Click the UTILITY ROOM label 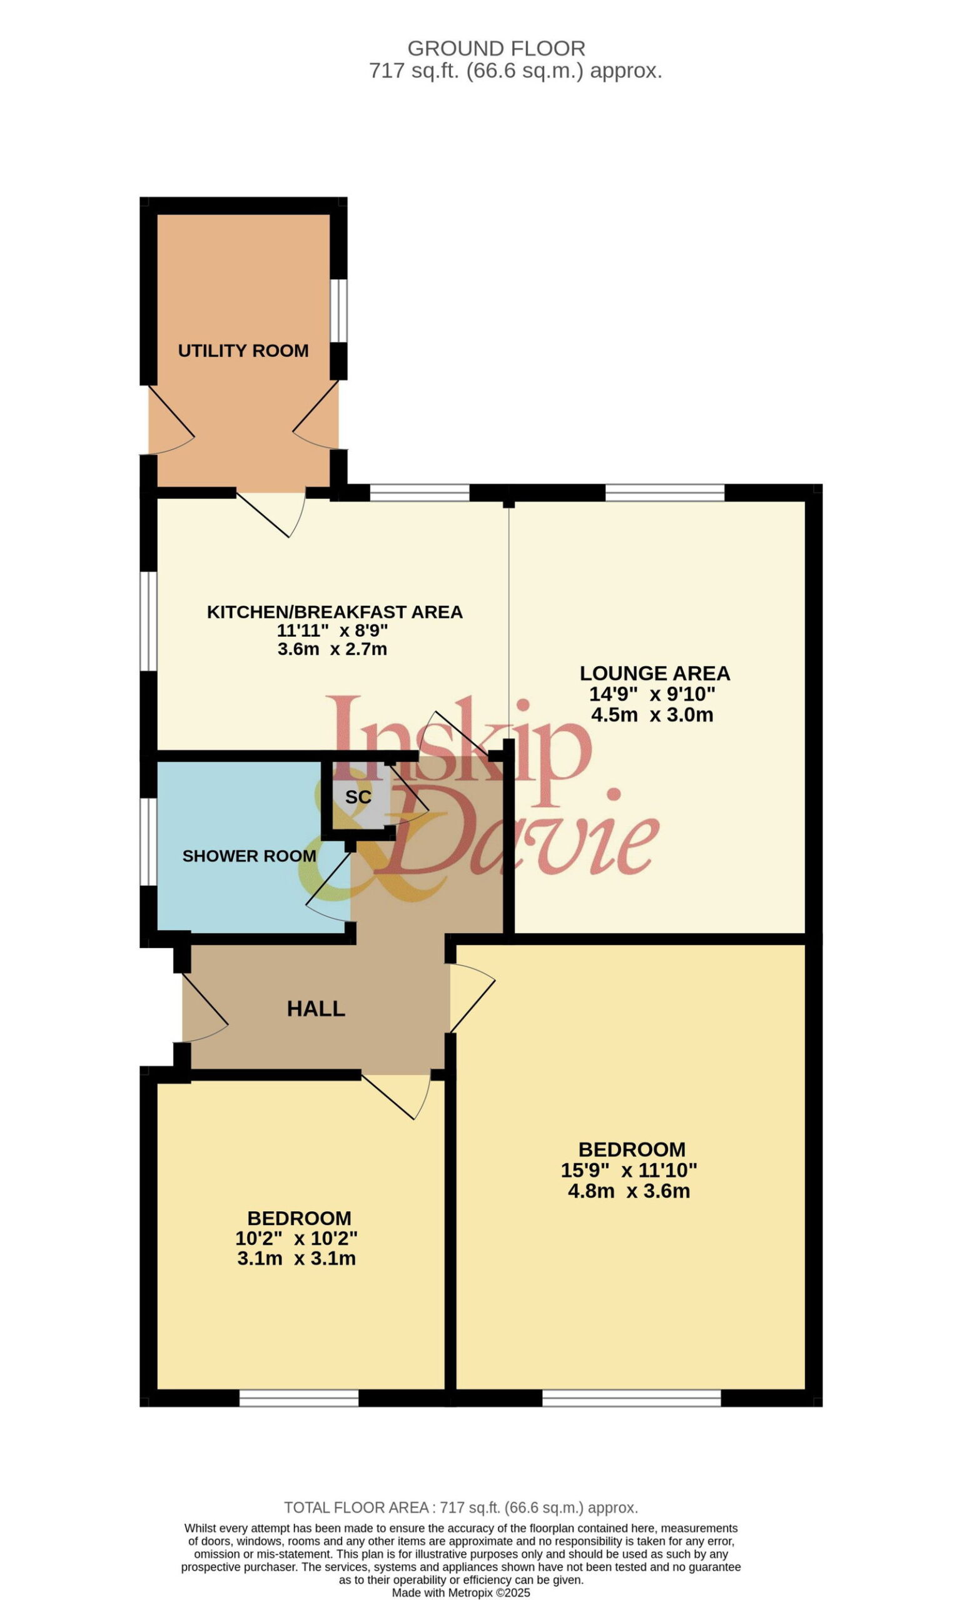coord(243,351)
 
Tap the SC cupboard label coord(358,797)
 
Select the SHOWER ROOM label coord(249,856)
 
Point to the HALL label coord(316,1008)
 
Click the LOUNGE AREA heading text coord(655,673)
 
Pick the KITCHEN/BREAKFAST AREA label coord(335,611)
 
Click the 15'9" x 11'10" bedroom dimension coord(629,1170)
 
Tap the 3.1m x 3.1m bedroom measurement coord(296,1258)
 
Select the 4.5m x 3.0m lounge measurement coord(652,714)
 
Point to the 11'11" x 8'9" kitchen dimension coord(333,630)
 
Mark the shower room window coord(148,841)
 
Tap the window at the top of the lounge coord(664,492)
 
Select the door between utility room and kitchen coord(271,514)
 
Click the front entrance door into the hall coord(204,1008)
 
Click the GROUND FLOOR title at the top coord(497,49)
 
